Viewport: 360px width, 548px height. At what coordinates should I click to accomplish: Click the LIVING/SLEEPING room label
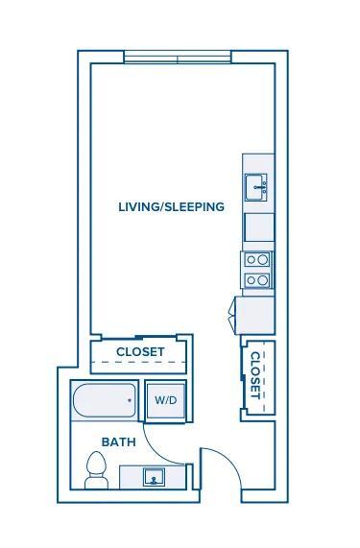pos(171,206)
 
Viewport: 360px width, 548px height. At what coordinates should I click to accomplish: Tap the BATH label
pos(118,442)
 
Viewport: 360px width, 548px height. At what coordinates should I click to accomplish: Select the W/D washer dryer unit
pos(166,400)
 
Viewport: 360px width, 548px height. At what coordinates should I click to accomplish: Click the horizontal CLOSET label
pos(140,352)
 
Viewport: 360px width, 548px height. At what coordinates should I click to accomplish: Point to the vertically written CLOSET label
pos(256,375)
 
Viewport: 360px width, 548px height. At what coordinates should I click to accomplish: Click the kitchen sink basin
pos(256,187)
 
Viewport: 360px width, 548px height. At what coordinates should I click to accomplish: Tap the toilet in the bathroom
pos(96,470)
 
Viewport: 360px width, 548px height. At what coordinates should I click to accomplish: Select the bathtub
pos(105,400)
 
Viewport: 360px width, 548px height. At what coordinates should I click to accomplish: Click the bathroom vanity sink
pos(154,477)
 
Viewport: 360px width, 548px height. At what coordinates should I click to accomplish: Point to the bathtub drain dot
pos(130,400)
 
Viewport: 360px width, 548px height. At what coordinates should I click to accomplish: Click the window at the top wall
pos(178,57)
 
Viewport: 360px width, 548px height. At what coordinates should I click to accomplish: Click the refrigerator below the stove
pos(254,315)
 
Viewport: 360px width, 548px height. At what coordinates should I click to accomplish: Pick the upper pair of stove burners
pos(257,260)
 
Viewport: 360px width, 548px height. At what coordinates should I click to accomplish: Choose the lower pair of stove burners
pos(257,280)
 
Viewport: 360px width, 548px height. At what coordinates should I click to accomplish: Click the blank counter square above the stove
pos(259,227)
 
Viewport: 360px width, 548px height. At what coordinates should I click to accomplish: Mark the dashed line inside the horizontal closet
pos(138,362)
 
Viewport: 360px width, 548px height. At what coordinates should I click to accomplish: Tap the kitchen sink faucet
pos(260,188)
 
